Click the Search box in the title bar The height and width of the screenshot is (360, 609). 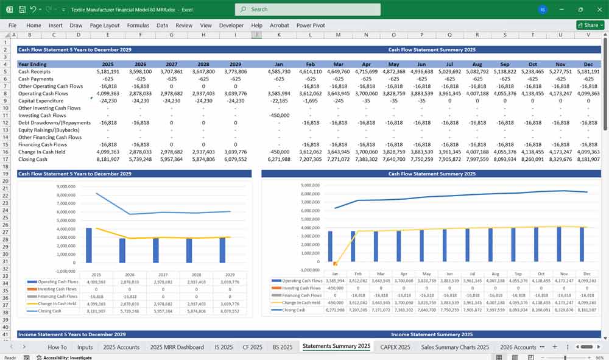pyautogui.click(x=308, y=9)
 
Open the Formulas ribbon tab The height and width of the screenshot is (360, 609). pyautogui.click(x=138, y=26)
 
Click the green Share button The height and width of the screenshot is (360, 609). pyautogui.click(x=590, y=25)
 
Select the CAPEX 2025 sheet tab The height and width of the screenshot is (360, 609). pyautogui.click(x=395, y=347)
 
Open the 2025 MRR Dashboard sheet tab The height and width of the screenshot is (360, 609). pyautogui.click(x=177, y=347)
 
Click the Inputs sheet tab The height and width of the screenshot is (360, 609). pyautogui.click(x=85, y=347)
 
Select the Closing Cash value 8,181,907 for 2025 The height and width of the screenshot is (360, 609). pyautogui.click(x=107, y=160)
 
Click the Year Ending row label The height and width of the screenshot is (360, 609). pyautogui.click(x=32, y=64)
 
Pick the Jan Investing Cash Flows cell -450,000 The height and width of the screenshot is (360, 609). pyautogui.click(x=279, y=116)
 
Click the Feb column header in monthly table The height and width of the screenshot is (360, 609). pyautogui.click(x=309, y=64)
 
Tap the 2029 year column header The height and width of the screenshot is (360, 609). pyautogui.click(x=234, y=64)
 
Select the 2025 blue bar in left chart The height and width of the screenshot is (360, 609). pyautogui.click(x=88, y=245)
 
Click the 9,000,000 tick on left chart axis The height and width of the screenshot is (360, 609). pyautogui.click(x=65, y=186)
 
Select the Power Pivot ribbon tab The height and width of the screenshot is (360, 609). pyautogui.click(x=311, y=26)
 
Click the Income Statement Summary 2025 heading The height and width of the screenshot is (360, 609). pyautogui.click(x=432, y=334)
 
